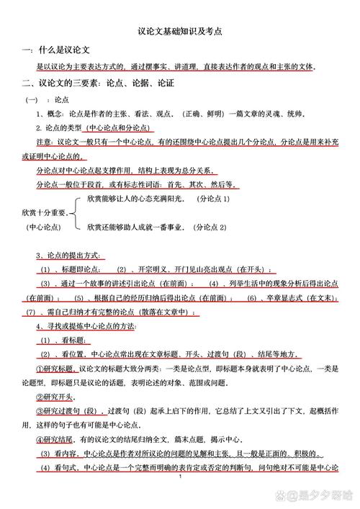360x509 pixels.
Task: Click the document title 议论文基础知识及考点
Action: click(x=179, y=32)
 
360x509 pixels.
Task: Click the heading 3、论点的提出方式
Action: click(x=71, y=256)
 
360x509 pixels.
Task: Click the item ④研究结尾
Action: click(x=55, y=439)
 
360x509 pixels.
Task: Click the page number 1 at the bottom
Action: click(x=180, y=497)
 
